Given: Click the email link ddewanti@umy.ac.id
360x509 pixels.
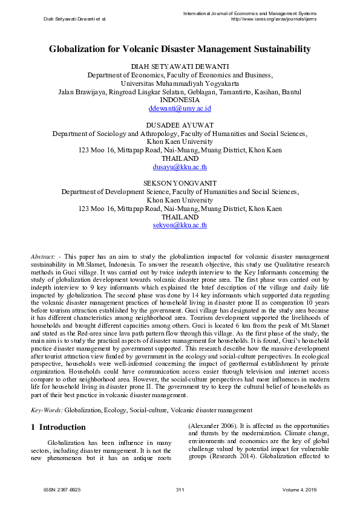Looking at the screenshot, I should point(180,108).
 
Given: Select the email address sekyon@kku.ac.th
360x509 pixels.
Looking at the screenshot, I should point(180,225).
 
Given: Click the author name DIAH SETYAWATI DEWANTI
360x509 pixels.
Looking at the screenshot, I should point(180,66).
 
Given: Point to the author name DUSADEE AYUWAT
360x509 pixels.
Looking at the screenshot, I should point(180,125).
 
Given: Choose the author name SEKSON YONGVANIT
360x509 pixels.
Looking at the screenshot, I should point(180,183).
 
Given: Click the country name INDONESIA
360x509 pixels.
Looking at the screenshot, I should point(180,100).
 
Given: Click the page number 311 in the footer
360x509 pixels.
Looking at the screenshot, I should point(180,489).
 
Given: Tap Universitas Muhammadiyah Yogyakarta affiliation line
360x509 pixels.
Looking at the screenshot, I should point(180,83).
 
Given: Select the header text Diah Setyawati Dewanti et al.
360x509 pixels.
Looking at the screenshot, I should point(75,19).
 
